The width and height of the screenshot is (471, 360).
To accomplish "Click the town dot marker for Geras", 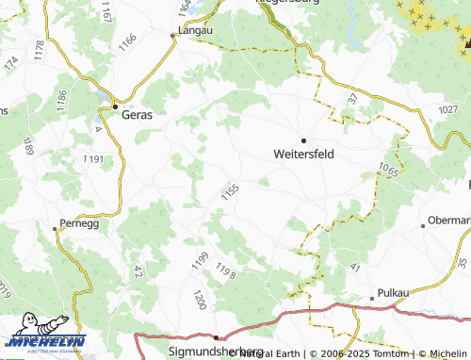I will click(115, 107).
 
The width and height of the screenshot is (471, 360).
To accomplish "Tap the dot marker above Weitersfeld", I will click(303, 139).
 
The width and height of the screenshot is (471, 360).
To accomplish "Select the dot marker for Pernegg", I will click(54, 227).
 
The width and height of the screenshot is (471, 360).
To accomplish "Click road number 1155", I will click(231, 191).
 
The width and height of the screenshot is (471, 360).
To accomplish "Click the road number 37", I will click(353, 98).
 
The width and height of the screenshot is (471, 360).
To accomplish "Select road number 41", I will click(355, 268).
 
